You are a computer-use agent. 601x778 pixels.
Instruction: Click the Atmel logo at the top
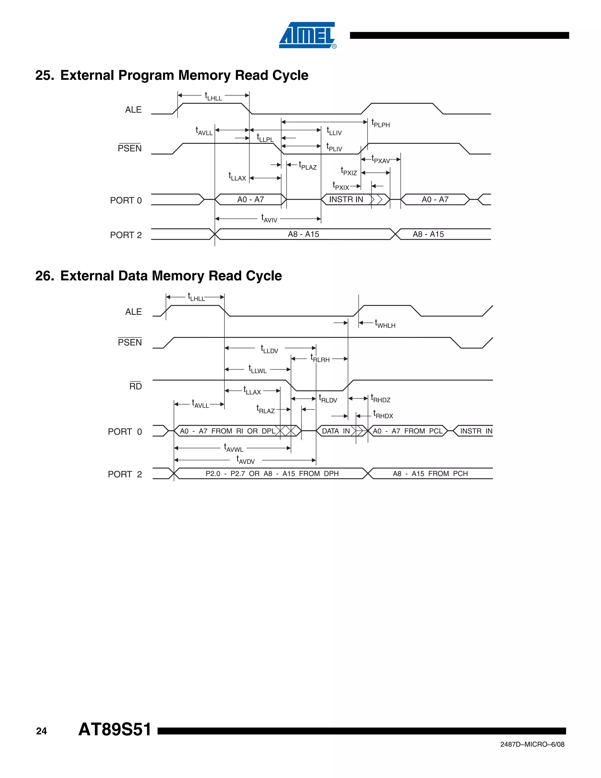coord(307,35)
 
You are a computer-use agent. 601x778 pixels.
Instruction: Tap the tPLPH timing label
coord(380,123)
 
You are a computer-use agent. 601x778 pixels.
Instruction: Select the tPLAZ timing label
coord(308,166)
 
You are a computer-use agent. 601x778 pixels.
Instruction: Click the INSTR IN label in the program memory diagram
coord(346,199)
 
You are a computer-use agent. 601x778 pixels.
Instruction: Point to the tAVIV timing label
coord(269,218)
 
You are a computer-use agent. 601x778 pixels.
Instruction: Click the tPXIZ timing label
coord(349,171)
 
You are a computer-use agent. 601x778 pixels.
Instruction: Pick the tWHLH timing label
coord(385,324)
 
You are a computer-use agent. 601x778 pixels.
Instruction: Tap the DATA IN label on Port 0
coord(335,431)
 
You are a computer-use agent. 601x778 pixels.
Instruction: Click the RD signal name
coord(135,386)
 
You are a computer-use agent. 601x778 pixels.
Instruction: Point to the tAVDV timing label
coord(245,460)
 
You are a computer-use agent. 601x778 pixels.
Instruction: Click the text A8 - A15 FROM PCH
coord(430,474)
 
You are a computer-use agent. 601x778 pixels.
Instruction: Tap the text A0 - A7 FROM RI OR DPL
coord(227,431)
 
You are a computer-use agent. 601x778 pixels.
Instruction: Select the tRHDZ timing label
coord(380,398)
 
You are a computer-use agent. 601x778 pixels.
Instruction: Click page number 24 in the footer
coord(41,731)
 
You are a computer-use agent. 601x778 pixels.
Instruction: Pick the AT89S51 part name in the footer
coord(115,729)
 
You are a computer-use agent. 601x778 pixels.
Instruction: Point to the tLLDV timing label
coord(269,349)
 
